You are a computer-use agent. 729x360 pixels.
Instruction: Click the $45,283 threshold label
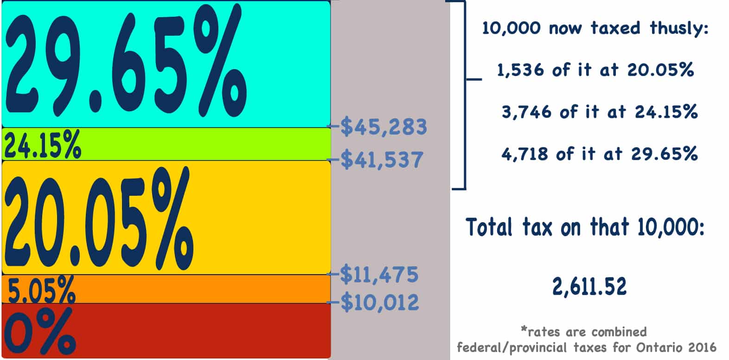click(384, 127)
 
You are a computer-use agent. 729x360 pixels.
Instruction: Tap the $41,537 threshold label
click(382, 160)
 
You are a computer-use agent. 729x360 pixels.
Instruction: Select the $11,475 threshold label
click(379, 274)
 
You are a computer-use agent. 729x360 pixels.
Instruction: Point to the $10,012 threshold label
click(380, 302)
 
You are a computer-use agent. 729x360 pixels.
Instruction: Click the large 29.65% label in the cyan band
click(125, 63)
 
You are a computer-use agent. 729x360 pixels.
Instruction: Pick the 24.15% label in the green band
click(42, 144)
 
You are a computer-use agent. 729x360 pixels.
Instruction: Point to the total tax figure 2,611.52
click(589, 286)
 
